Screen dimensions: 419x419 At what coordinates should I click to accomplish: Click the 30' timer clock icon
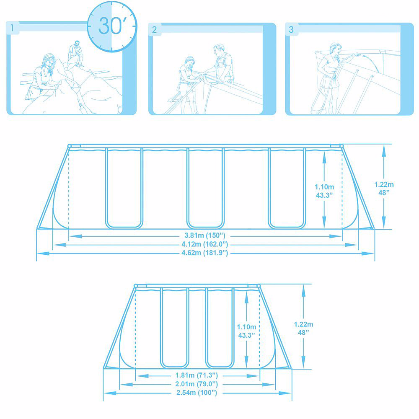click(112, 26)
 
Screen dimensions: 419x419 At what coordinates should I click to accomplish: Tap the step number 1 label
click(12, 28)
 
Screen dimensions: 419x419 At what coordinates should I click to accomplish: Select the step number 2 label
click(154, 29)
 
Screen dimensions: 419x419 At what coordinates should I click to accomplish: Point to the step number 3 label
click(291, 29)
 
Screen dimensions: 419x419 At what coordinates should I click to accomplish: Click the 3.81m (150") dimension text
click(205, 235)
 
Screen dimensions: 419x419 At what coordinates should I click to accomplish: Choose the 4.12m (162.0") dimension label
click(205, 244)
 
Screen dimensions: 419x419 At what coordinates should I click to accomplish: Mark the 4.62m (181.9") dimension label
click(205, 253)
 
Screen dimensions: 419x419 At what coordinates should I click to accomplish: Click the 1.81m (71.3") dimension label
click(197, 375)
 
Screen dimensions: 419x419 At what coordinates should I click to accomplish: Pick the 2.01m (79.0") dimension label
click(197, 384)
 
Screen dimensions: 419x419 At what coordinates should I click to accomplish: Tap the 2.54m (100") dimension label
click(197, 393)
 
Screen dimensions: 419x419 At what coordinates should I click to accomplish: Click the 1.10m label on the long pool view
click(324, 187)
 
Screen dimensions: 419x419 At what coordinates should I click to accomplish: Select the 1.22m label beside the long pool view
click(384, 184)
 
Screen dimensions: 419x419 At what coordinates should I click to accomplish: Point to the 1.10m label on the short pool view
click(246, 327)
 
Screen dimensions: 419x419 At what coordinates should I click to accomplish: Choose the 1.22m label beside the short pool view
click(303, 324)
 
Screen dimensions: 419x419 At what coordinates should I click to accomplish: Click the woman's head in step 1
click(48, 60)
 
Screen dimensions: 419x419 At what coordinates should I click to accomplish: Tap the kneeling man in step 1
click(76, 54)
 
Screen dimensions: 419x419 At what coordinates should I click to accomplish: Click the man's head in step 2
click(219, 49)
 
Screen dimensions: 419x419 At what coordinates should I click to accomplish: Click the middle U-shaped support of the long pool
click(205, 227)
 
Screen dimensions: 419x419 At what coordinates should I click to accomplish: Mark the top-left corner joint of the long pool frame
click(70, 146)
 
